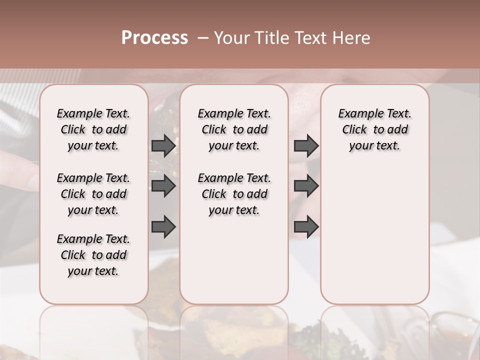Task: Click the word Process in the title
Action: tap(154, 38)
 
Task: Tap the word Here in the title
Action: tap(351, 38)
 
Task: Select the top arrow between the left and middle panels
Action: tap(163, 145)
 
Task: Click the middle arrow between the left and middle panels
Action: tap(163, 186)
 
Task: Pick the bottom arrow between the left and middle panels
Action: tap(163, 226)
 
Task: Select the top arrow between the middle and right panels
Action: tap(306, 145)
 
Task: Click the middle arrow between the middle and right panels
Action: tap(306, 186)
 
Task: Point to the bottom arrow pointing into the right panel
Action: tap(306, 226)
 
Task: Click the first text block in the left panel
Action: tap(93, 129)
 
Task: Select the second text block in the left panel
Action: tap(93, 194)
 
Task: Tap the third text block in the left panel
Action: tap(93, 255)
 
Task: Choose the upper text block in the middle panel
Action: tap(234, 129)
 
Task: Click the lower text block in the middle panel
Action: tap(234, 194)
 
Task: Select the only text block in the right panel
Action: tap(374, 129)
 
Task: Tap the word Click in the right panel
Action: tap(354, 130)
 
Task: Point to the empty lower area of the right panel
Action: tap(374, 235)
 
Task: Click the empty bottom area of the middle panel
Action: tap(234, 265)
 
